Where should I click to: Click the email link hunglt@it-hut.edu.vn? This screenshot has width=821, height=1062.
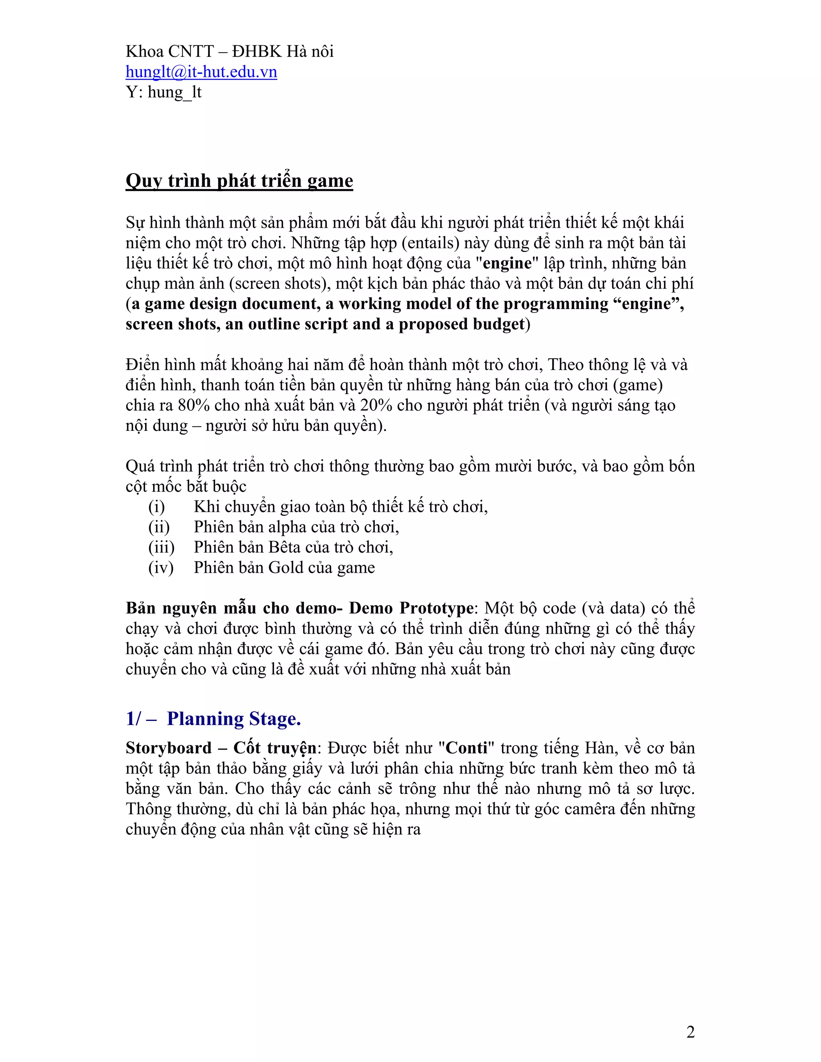(x=201, y=72)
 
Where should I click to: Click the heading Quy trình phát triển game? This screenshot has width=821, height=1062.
(x=239, y=181)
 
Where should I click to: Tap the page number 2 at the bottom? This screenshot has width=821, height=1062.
(x=690, y=1032)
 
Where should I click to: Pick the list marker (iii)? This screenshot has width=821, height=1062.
(x=161, y=547)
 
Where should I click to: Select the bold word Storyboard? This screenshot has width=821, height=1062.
(x=169, y=748)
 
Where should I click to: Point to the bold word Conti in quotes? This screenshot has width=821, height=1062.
(x=467, y=748)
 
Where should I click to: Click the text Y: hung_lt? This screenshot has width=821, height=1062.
(x=164, y=92)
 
